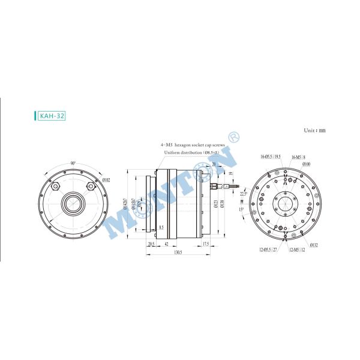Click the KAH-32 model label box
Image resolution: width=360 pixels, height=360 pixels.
(50, 116)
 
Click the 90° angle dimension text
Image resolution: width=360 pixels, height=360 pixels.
(73, 163)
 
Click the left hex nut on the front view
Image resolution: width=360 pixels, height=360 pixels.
(56, 186)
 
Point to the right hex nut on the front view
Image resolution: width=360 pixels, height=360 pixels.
(91, 186)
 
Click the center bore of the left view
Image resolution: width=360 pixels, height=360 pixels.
(73, 204)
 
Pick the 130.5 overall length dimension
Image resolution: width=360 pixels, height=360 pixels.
(178, 252)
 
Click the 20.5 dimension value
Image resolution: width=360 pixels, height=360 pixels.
(151, 244)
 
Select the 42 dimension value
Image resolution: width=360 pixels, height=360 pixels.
(166, 244)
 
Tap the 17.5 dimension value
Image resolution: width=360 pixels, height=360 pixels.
(205, 244)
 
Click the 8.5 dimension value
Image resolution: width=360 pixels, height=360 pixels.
(161, 227)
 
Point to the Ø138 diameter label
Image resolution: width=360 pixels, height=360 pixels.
(222, 204)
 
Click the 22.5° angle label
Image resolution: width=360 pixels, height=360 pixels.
(242, 193)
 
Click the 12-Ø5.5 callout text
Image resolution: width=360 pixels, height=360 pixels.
(268, 249)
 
